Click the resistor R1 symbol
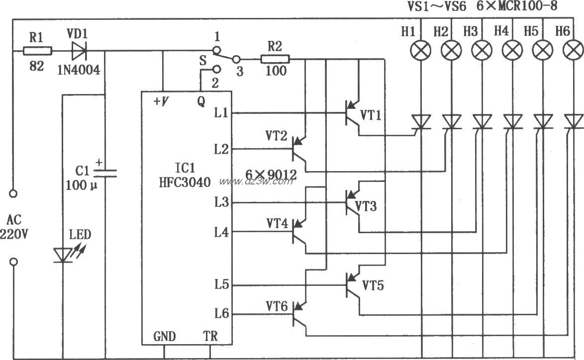(x=37, y=50)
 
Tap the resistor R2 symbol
(x=275, y=60)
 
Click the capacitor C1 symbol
(x=105, y=172)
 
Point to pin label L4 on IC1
(x=221, y=232)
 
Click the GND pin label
(x=164, y=337)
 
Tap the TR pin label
(x=210, y=337)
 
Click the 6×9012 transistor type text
(x=271, y=175)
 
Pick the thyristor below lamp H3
(x=481, y=121)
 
